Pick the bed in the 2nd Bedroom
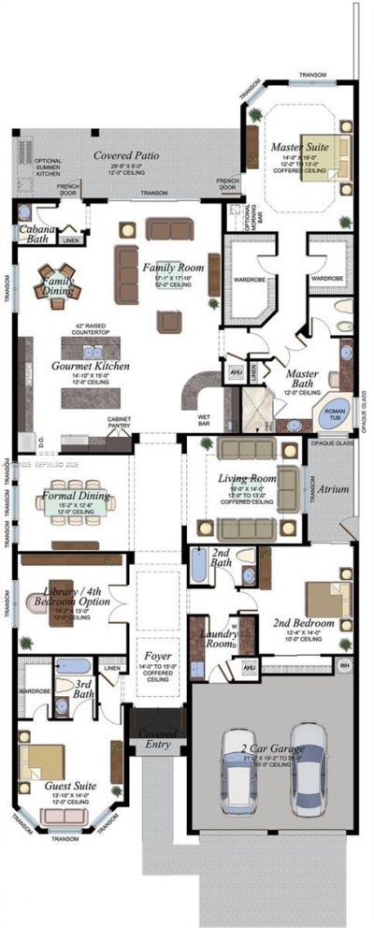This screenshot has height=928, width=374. (328, 600)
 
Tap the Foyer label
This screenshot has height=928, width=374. (156, 657)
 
